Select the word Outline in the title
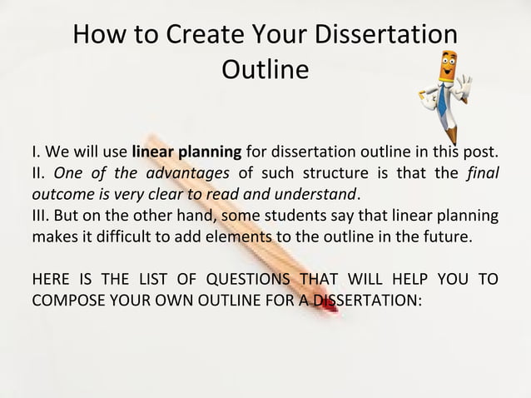pyautogui.click(x=265, y=71)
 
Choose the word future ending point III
pyautogui.click(x=449, y=236)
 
